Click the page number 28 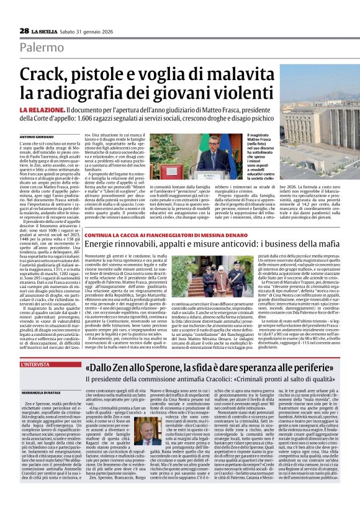coord(24,30)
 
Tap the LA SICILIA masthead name coord(45,31)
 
